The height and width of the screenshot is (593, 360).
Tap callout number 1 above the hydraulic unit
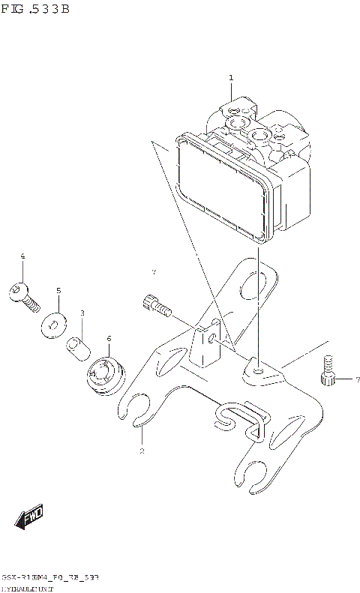(231, 78)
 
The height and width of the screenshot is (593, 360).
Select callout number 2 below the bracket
(141, 451)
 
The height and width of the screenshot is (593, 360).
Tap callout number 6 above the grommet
(109, 339)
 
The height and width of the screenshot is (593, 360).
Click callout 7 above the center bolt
(153, 271)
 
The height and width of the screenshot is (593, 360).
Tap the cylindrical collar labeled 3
(79, 347)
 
